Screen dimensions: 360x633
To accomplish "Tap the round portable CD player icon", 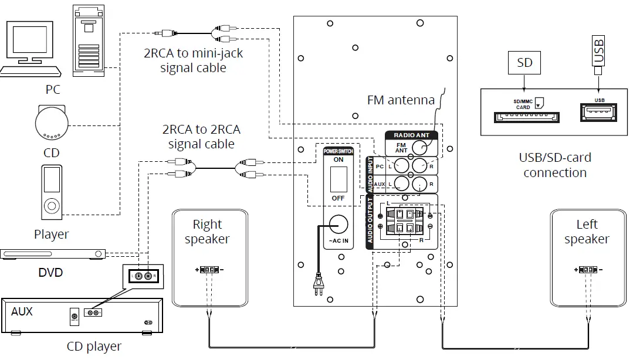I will point(52,124).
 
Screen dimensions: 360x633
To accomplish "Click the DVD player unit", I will point(53,254).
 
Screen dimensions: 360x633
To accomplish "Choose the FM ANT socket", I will point(419,147).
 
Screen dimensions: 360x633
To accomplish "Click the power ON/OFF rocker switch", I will point(338,179).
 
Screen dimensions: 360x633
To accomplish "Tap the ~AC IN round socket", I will point(338,225).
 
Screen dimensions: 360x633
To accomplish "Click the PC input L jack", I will point(402,167).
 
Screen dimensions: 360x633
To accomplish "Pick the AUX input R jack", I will point(420,185).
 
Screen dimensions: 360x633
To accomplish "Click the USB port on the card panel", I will point(599,112).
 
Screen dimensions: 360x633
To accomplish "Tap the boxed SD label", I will point(524,63).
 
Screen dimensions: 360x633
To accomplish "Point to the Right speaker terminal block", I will point(208,270).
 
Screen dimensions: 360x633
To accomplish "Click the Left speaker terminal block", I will point(587,270).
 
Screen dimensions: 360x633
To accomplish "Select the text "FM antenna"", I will point(401,100).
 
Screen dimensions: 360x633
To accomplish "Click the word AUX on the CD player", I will point(22,311).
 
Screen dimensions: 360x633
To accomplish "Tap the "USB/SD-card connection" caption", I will point(555,165).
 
